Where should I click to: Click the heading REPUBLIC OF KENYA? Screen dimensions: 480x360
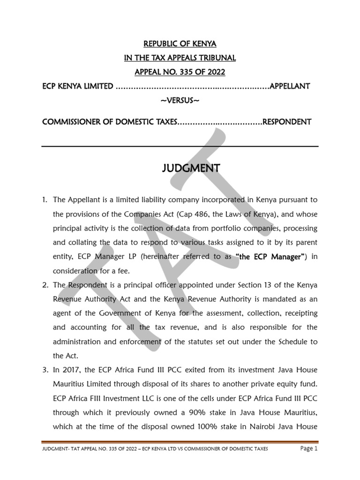point(180,44)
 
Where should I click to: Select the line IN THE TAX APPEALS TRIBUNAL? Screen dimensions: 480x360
point(180,58)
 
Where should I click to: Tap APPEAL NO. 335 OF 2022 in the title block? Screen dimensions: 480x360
point(180,72)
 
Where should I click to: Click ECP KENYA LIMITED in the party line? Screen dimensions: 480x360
point(77,86)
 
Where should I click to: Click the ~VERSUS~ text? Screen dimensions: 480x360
point(180,101)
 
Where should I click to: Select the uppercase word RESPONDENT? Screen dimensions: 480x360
point(286,122)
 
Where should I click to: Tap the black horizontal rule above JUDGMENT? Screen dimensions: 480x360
point(180,146)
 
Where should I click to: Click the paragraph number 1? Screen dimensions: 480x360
point(45,200)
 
